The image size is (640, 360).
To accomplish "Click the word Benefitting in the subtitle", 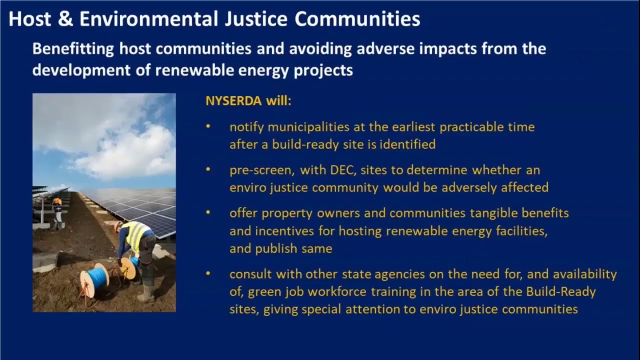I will [73, 49].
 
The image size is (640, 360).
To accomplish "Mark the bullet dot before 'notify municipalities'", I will [208, 127].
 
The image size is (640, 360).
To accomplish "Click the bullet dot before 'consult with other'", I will [208, 274].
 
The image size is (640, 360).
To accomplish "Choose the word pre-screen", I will [261, 170].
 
